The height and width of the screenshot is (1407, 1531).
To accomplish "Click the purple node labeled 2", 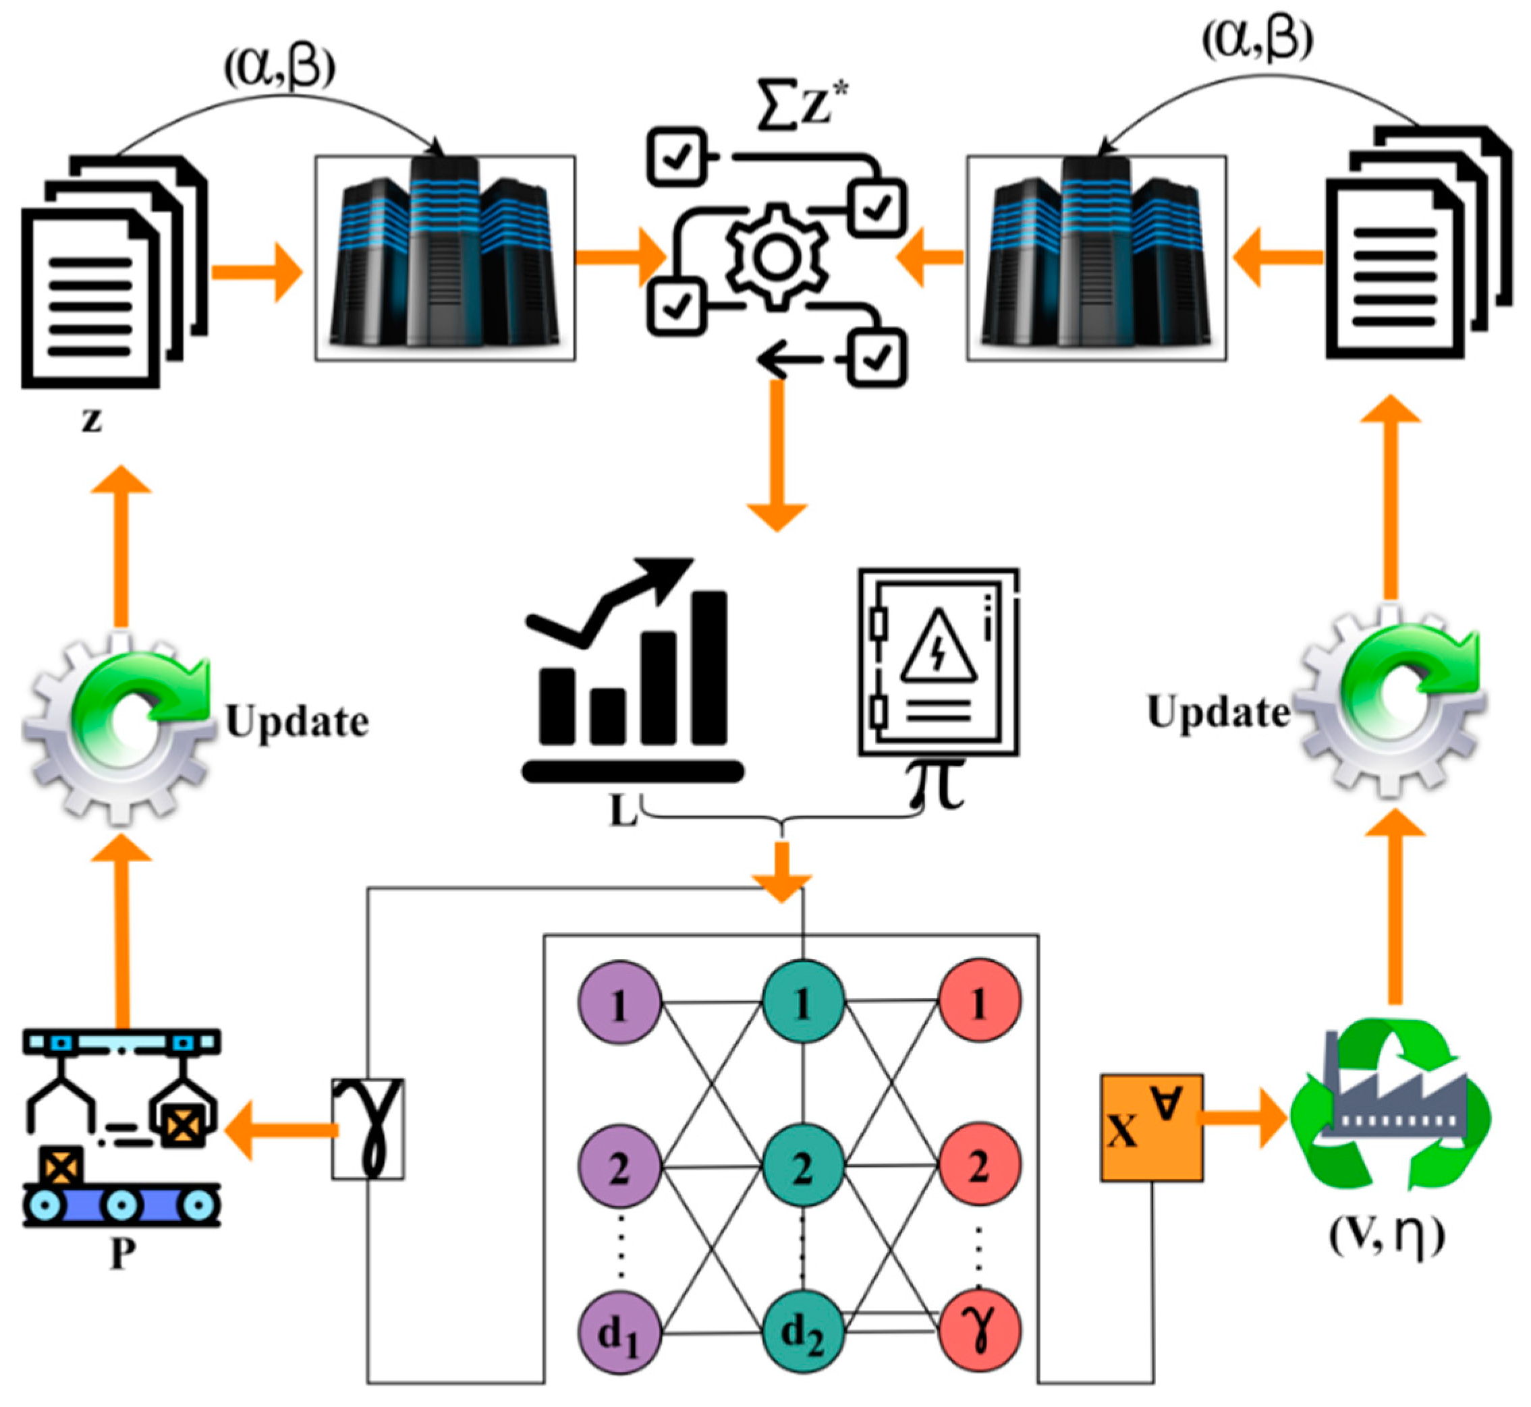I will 619,1166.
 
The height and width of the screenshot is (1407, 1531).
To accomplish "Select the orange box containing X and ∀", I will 1151,1128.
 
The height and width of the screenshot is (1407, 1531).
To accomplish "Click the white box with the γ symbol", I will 368,1128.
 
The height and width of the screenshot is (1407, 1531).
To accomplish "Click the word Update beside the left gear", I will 297,721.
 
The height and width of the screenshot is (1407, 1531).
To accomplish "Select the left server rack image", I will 445,258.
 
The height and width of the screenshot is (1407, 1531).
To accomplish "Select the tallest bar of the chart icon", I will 708,668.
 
